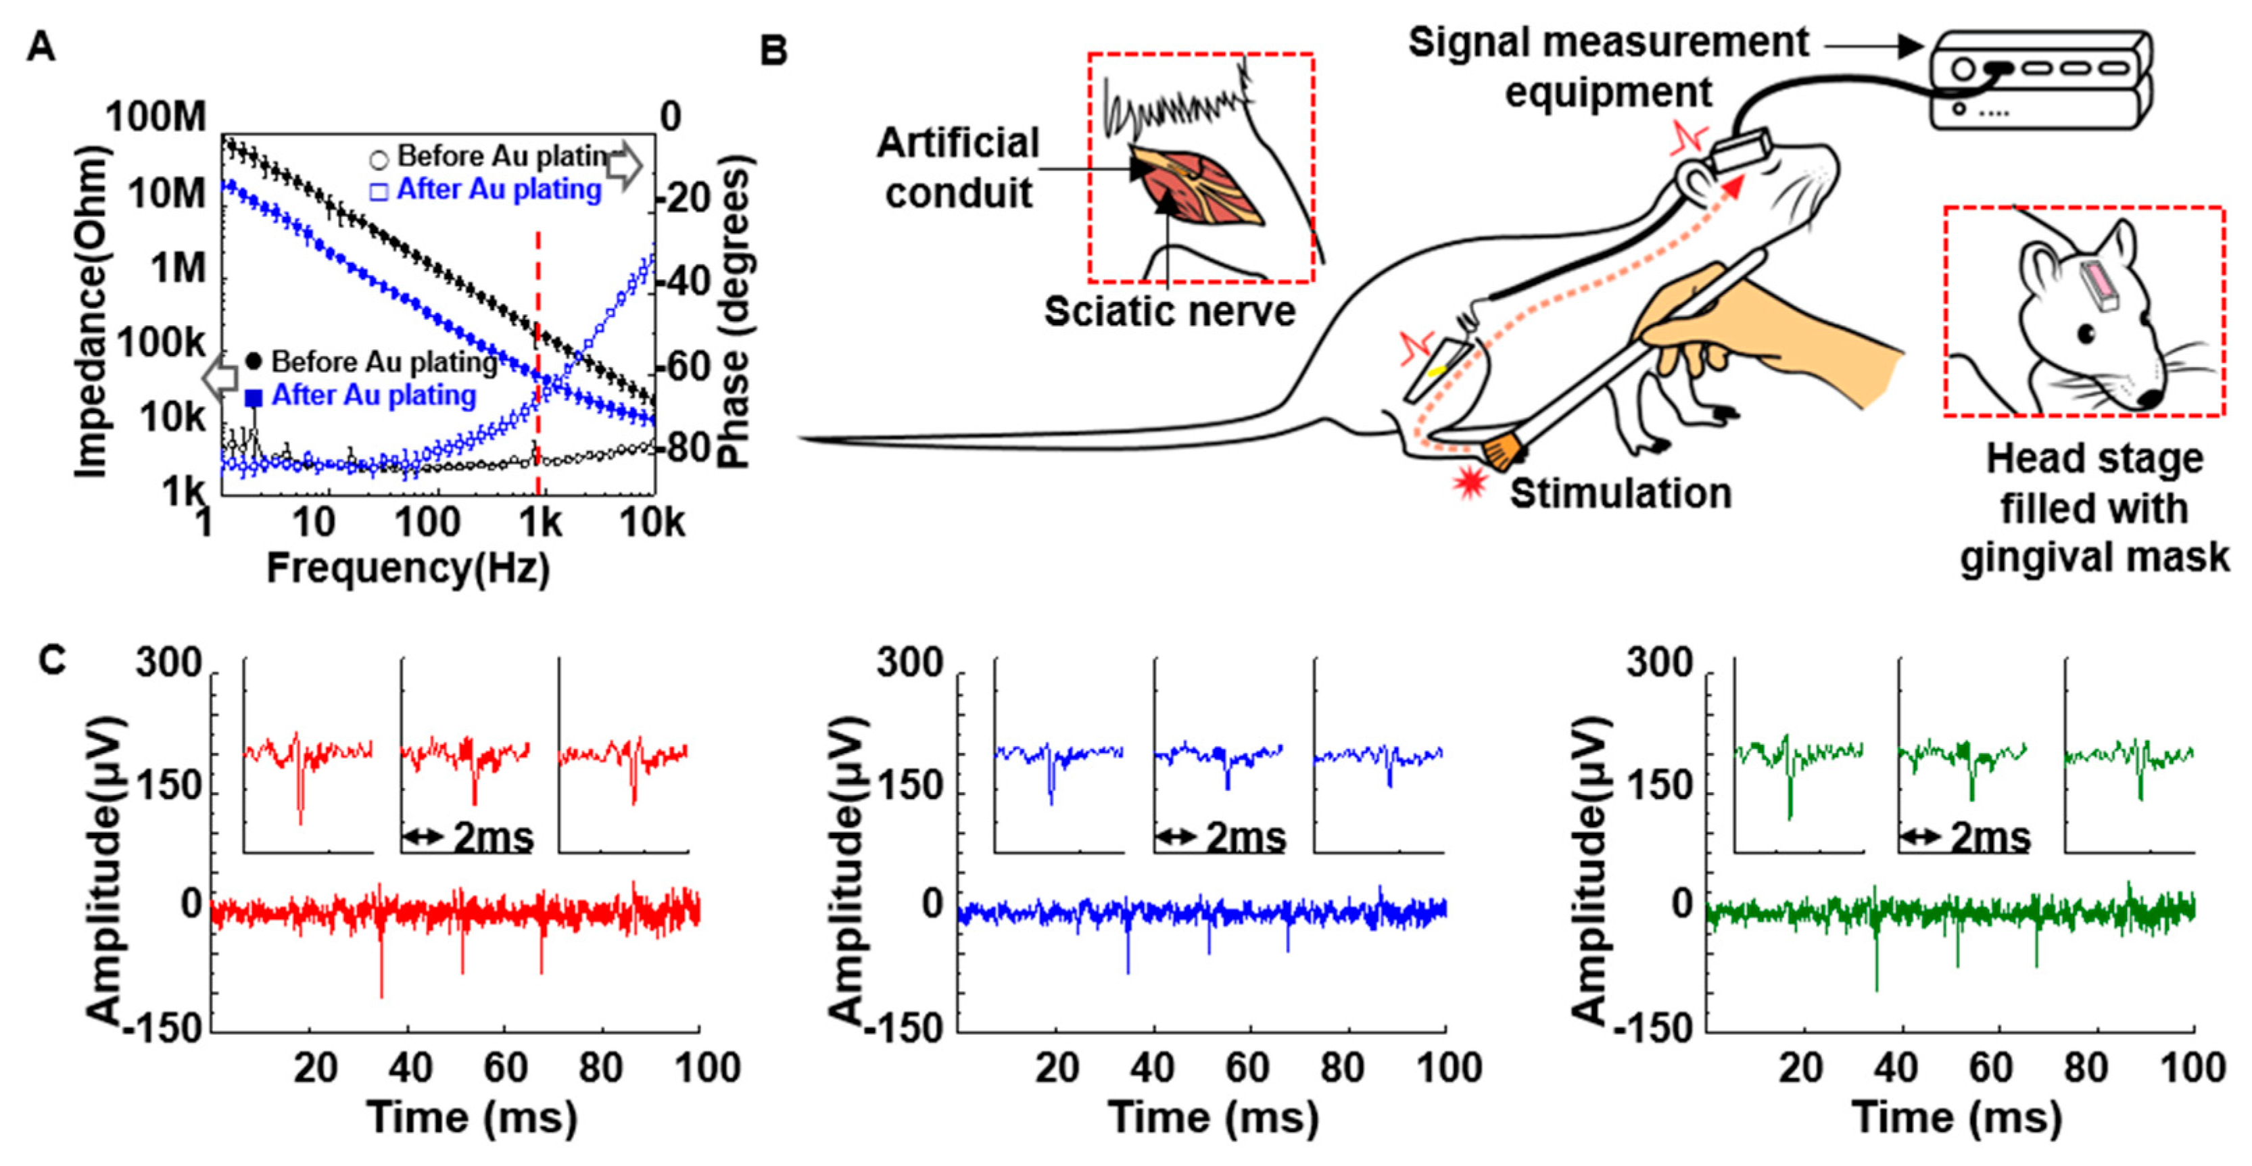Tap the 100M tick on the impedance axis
[x=156, y=117]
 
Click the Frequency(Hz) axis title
[x=408, y=569]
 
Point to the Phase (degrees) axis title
[x=734, y=310]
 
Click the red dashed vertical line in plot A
[x=537, y=367]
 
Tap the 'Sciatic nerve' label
[x=1170, y=312]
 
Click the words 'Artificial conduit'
[x=958, y=168]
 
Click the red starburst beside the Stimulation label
[x=1470, y=481]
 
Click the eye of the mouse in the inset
[x=2087, y=333]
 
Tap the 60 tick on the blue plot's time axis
[x=1247, y=1067]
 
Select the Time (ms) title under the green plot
[x=1957, y=1118]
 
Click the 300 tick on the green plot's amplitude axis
[x=1658, y=662]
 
